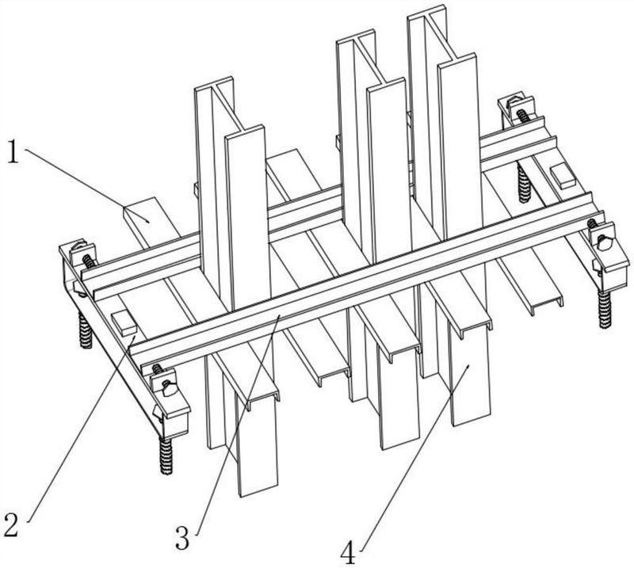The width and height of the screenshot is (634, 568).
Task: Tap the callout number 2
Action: click(11, 523)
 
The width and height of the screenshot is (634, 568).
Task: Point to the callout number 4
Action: click(348, 552)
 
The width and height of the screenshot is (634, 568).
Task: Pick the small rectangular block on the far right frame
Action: click(563, 175)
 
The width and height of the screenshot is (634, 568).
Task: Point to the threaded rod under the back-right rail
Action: click(524, 184)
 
